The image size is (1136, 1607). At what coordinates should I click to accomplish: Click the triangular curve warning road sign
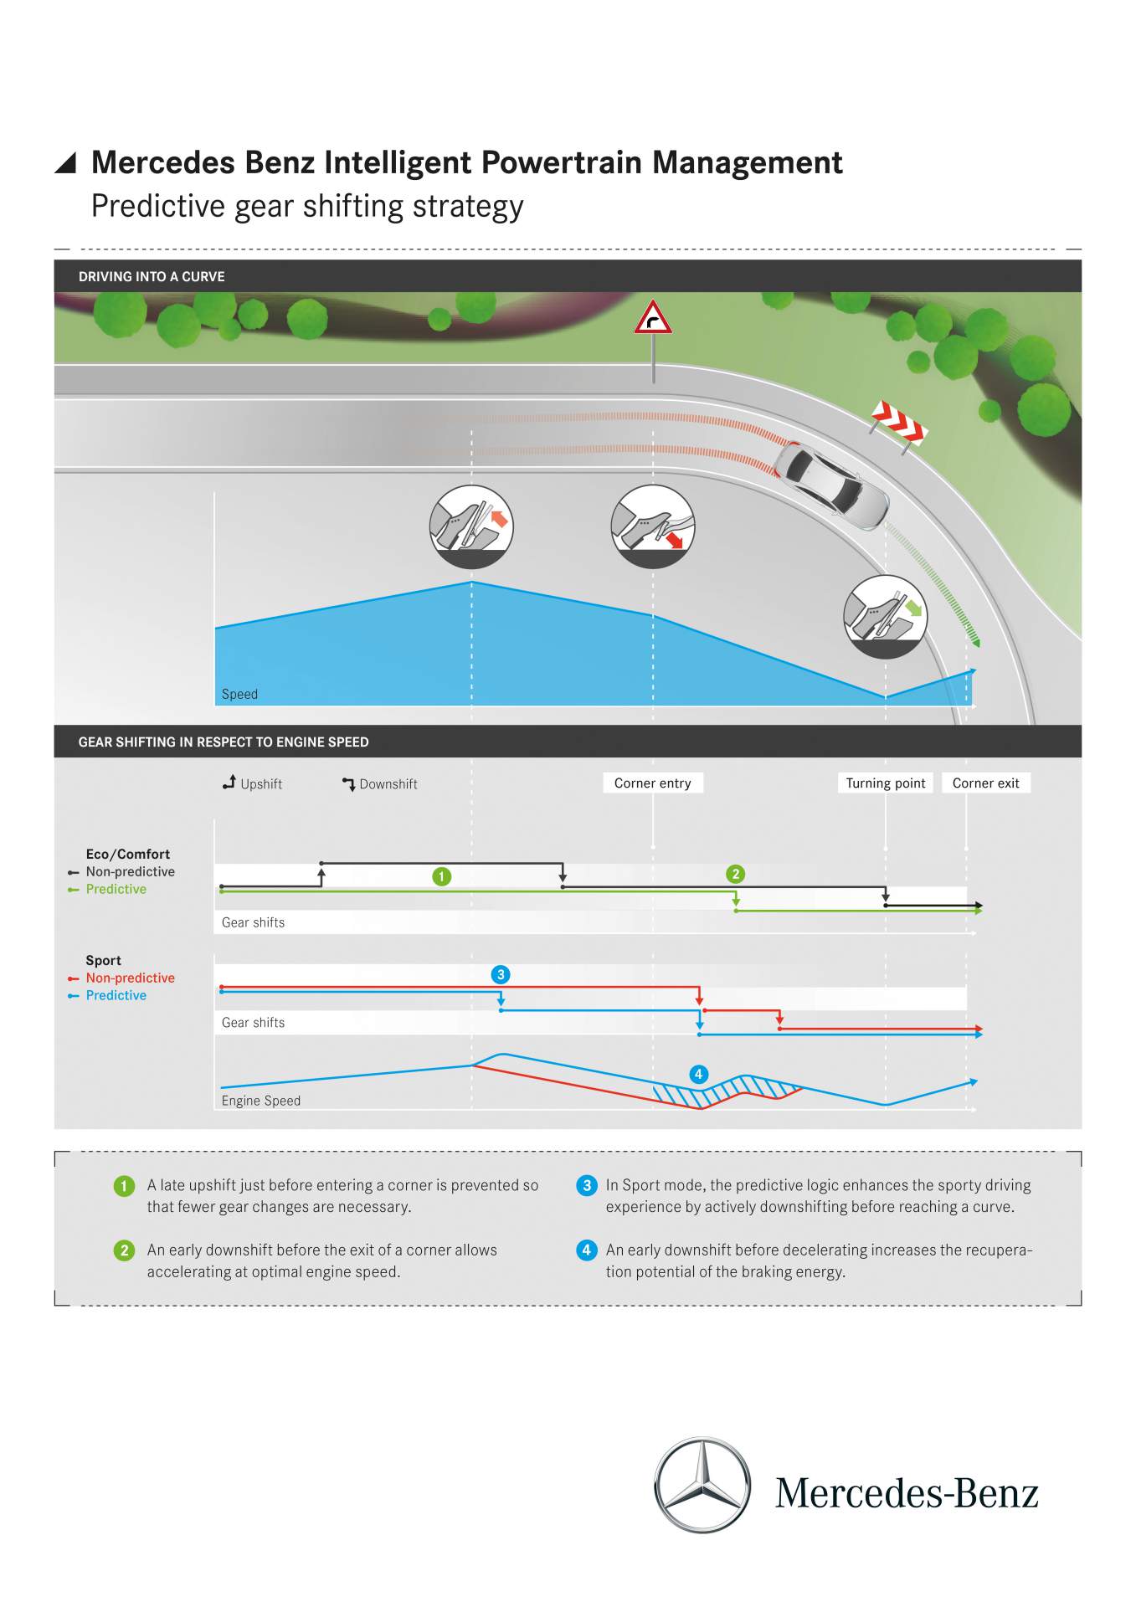point(653,318)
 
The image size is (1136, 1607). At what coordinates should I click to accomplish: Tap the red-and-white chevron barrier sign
point(898,422)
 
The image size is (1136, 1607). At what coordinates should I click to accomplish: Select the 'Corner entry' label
point(652,783)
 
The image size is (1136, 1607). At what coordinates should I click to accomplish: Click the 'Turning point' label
point(885,783)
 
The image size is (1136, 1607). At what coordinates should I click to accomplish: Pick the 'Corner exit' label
point(985,783)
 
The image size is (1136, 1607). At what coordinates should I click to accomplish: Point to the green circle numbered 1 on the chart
point(442,876)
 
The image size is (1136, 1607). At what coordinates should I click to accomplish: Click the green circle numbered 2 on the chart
point(736,874)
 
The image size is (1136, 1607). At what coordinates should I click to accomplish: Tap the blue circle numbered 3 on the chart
point(501,974)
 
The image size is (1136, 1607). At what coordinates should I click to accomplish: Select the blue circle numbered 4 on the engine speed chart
point(698,1074)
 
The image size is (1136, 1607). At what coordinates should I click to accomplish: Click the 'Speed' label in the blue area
point(239,694)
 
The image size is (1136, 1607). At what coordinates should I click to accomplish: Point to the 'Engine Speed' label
point(260,1101)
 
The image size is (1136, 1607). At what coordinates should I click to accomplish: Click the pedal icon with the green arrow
point(885,617)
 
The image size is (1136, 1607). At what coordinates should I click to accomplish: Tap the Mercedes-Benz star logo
point(702,1485)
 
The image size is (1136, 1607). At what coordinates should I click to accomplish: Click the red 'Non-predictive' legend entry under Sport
point(130,978)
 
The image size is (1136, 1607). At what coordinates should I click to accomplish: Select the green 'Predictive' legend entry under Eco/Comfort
point(116,889)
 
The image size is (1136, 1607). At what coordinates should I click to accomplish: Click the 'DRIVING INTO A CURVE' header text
point(152,276)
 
